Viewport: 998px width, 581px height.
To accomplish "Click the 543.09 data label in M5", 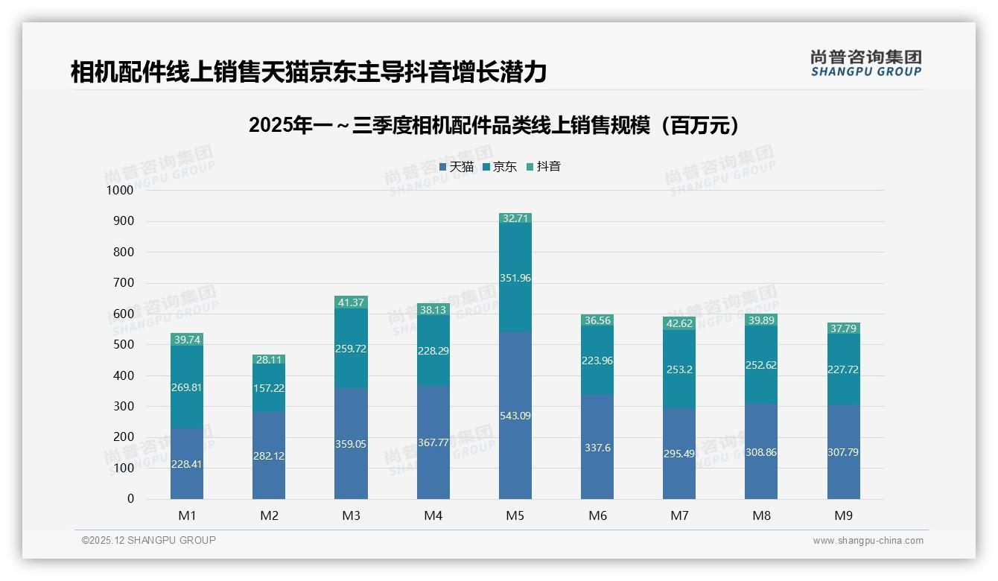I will [515, 416].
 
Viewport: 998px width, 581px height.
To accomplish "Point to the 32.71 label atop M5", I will [515, 218].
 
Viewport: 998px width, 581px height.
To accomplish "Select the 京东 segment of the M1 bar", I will [187, 387].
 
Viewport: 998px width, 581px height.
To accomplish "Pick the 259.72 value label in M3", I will [351, 349].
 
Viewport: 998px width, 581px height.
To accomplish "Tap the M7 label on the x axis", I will [679, 515].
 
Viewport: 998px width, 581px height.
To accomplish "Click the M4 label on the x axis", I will [433, 515].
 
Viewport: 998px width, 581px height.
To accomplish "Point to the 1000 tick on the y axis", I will [120, 191].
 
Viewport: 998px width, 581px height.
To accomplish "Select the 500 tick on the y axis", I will [123, 345].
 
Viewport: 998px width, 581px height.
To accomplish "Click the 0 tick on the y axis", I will [130, 499].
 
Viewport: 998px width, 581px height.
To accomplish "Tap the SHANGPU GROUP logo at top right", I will [865, 63].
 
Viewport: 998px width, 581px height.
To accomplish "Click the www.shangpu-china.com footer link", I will [868, 541].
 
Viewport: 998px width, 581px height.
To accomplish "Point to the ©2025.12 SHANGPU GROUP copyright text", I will [149, 540].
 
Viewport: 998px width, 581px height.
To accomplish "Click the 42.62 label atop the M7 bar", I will [679, 323].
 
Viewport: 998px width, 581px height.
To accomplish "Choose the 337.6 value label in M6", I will [597, 448].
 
